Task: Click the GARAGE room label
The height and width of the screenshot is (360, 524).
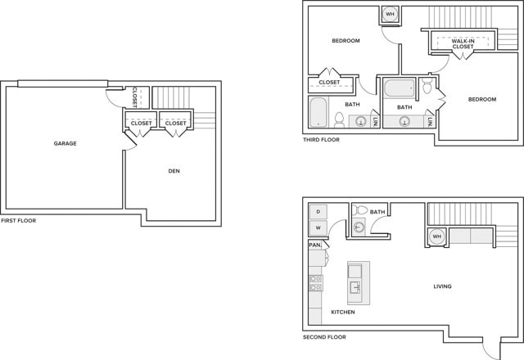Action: click(x=65, y=144)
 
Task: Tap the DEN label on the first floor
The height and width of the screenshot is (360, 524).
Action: click(x=174, y=171)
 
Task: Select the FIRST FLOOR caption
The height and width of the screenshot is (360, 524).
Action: click(x=18, y=220)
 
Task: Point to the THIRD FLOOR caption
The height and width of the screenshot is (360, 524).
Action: click(x=321, y=140)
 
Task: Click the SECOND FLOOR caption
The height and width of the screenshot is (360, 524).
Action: click(x=324, y=337)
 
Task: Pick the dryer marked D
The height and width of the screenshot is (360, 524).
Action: click(x=318, y=211)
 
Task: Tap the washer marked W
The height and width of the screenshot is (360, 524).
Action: click(x=318, y=227)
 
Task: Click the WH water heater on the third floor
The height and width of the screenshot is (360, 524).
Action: click(x=390, y=15)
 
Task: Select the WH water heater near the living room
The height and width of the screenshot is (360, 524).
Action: click(x=436, y=236)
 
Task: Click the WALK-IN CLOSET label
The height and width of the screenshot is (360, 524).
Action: click(x=463, y=43)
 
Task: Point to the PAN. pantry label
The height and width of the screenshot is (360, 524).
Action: click(x=314, y=245)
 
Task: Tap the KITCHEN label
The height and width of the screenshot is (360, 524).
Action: click(x=343, y=312)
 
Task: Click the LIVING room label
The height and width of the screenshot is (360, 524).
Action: click(x=442, y=286)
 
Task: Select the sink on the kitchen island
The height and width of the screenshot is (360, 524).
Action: click(x=355, y=287)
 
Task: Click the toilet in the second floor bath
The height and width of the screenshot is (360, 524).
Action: click(x=359, y=210)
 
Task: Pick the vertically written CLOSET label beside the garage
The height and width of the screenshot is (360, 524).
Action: click(x=134, y=97)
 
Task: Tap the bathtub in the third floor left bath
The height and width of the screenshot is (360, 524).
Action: click(x=318, y=113)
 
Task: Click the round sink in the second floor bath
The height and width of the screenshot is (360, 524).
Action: click(x=359, y=227)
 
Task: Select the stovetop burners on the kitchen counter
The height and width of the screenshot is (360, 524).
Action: click(x=315, y=283)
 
